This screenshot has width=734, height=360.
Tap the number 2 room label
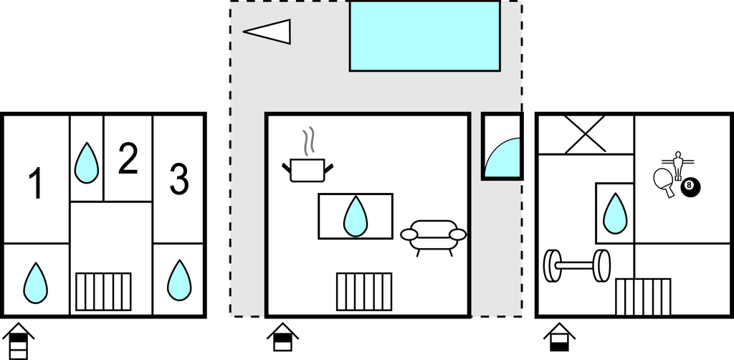point(128,160)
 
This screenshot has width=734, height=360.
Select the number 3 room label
point(178,179)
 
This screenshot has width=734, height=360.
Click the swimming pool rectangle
point(424,36)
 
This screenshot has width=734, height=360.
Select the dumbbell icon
point(576,265)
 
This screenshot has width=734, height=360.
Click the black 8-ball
point(690,187)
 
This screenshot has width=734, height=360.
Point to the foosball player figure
point(677,164)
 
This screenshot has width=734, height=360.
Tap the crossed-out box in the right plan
point(585,133)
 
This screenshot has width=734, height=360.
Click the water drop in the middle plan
point(356,216)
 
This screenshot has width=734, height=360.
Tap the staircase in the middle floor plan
point(364,291)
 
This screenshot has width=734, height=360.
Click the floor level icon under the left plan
point(19,341)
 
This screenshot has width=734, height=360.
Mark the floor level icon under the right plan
point(558,338)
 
